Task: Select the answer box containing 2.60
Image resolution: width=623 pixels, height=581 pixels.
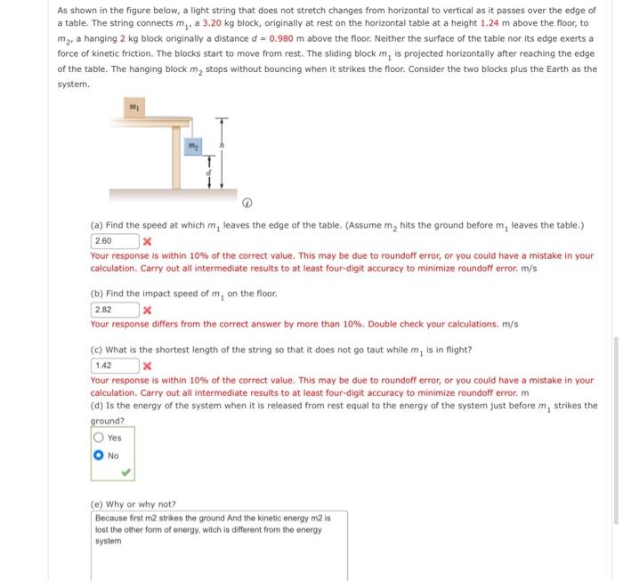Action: pyautogui.click(x=114, y=241)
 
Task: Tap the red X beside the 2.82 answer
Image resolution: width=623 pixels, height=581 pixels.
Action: pyautogui.click(x=148, y=310)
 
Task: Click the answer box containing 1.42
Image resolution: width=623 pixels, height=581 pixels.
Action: pyautogui.click(x=114, y=366)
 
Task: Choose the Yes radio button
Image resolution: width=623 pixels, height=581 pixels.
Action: pyautogui.click(x=98, y=437)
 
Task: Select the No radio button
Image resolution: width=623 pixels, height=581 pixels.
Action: pyautogui.click(x=98, y=456)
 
